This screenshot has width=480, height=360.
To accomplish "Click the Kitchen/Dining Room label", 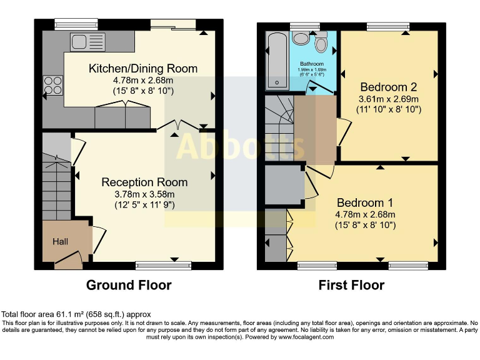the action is pos(143,69).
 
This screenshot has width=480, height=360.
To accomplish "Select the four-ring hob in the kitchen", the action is pos(53,86).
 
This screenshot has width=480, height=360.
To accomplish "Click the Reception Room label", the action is pos(144,182).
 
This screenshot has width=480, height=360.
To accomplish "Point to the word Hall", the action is pos(60,241).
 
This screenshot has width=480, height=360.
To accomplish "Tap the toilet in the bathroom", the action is pos(321,42).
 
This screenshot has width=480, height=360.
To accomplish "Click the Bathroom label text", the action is pos(312,64).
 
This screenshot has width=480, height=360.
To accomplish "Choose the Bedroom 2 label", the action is pos(389,87).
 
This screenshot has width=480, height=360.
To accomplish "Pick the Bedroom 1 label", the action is pos(365,202).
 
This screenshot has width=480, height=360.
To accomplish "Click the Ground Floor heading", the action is pos(129,285).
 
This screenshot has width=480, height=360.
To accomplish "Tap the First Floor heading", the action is pos(351,285).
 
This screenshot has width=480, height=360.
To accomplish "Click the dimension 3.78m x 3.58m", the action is pos(144,194).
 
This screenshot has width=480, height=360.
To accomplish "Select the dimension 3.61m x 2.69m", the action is pos(389,99).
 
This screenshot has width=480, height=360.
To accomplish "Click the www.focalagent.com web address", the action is pos(306,337).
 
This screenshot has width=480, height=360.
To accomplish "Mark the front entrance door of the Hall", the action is pos(69,260).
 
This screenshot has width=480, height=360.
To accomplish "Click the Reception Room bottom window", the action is pos(164,266).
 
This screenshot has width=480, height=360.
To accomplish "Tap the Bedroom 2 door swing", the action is pos(344,132).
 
